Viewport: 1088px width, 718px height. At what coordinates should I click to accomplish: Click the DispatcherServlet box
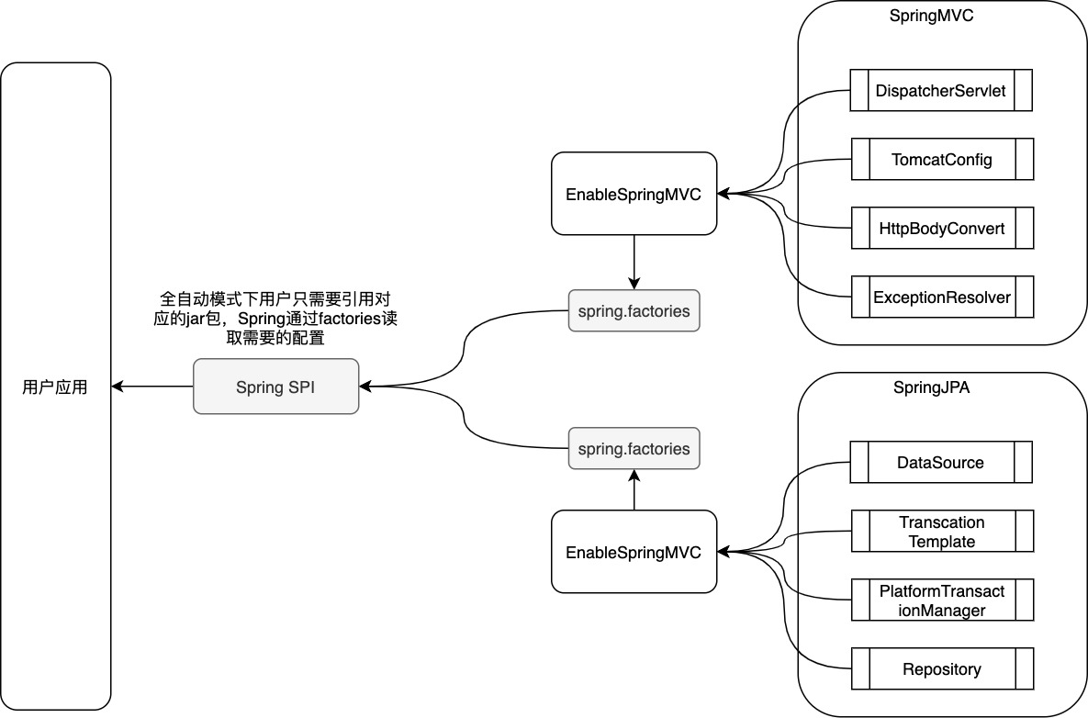coord(941,91)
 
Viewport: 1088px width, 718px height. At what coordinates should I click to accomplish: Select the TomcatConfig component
coord(941,160)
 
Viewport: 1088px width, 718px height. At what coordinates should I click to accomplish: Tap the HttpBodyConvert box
coord(941,229)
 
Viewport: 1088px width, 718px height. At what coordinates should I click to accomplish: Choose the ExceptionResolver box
coord(941,297)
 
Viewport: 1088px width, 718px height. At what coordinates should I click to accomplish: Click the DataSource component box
coord(941,463)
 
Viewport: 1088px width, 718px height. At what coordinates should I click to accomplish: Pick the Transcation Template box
coord(941,532)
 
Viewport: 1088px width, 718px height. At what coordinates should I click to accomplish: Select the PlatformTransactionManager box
coord(941,600)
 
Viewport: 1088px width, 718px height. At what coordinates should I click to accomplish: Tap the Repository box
coord(941,669)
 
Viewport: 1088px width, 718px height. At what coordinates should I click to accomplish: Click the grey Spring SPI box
coord(275,387)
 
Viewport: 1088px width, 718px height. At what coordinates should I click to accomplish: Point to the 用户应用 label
coord(55,387)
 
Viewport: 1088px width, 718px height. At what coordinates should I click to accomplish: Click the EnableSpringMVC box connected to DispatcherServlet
coord(634,194)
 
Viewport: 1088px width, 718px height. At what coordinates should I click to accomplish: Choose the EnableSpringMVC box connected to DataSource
coord(634,552)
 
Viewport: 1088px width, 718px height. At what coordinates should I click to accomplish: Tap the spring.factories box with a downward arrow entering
coord(634,311)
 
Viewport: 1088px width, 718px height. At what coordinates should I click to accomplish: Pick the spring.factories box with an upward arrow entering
coord(634,449)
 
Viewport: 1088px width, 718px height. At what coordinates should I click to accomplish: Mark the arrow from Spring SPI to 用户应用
coord(152,387)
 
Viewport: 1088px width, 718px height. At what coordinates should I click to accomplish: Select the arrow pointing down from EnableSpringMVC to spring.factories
coord(634,262)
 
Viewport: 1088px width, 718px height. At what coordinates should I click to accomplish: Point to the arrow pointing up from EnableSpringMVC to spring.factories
coord(634,490)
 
